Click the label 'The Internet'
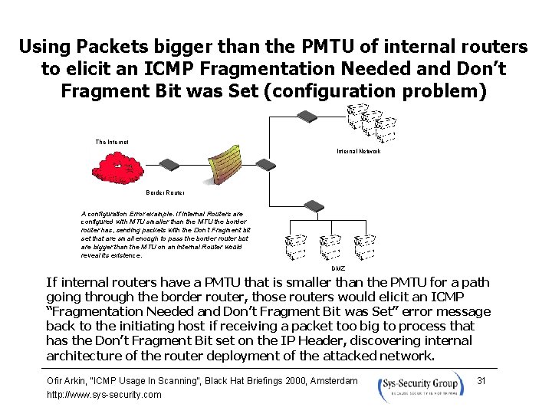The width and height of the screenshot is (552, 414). pos(112,142)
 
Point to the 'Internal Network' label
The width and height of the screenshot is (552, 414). pos(359,151)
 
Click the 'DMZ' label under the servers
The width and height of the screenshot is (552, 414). pos(338,268)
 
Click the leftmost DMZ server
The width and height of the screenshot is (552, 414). pos(295,246)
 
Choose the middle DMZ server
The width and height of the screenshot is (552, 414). pos(330,246)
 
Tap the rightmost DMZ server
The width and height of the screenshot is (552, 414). pos(367,246)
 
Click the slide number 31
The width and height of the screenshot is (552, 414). pos(481,380)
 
